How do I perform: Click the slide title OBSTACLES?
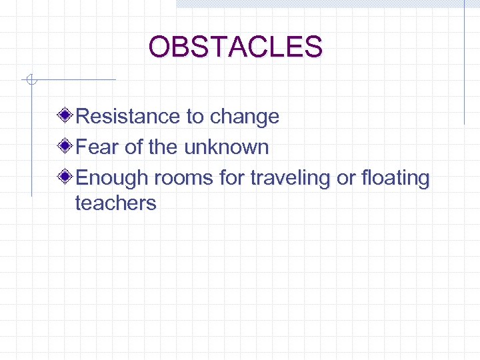[235, 47]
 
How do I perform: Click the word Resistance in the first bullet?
[129, 117]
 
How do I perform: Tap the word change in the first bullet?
[244, 117]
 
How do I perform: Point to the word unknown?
[226, 147]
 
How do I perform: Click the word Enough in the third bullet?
[113, 179]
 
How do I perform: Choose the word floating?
[396, 179]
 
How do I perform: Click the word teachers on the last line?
[116, 203]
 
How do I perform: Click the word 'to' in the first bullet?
[195, 117]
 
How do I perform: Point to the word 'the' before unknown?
[164, 147]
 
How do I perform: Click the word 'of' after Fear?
[134, 147]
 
